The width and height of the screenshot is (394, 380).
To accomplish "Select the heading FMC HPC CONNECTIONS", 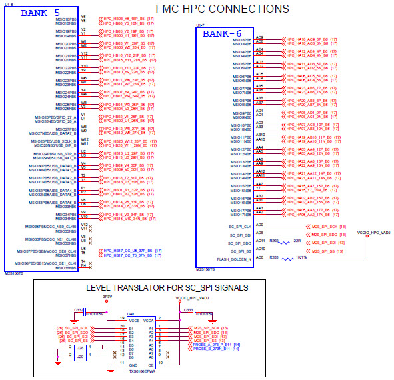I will coord(222,9).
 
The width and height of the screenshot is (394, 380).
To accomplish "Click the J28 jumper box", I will coord(81,348).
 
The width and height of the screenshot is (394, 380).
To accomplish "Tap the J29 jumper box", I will coord(81,357).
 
